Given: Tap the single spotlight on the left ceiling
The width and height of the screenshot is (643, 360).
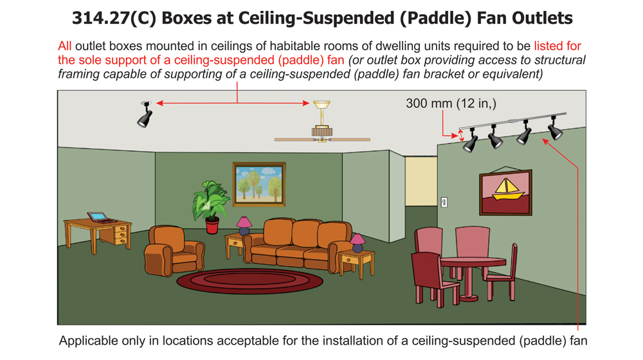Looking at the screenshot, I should [x=145, y=116].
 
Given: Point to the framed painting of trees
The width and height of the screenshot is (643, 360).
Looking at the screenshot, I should [x=258, y=184].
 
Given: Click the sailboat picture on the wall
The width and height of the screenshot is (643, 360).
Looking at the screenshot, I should [x=505, y=192].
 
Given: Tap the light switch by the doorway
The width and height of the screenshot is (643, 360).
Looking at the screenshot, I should [x=444, y=203].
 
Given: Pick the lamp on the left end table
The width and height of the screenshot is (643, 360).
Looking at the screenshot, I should [x=244, y=225].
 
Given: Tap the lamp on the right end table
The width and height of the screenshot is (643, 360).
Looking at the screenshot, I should [x=358, y=243].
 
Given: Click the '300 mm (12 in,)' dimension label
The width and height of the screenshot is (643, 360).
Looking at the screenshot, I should [x=451, y=104].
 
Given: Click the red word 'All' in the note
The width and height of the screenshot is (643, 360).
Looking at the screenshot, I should [x=64, y=46].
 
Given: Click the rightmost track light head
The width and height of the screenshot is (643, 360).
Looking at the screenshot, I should [x=555, y=129].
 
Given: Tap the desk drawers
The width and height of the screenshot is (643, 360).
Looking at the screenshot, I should [x=120, y=234].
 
